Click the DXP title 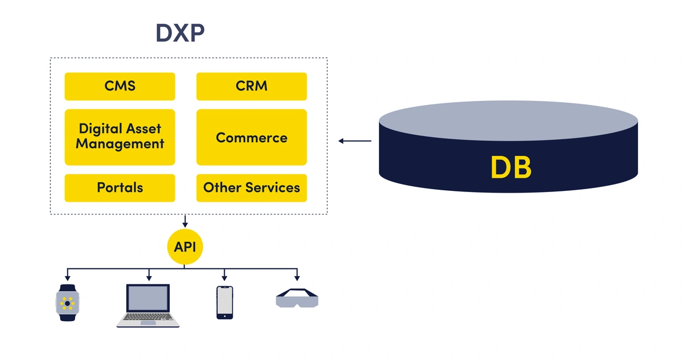180,33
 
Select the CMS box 120,87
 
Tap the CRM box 252,87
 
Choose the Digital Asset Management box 120,137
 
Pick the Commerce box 252,137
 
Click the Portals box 120,188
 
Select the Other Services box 252,188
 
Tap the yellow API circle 185,246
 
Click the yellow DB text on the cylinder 511,167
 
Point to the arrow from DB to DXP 355,141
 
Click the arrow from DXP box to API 185,221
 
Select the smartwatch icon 68,303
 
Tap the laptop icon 148,306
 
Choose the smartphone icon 225,303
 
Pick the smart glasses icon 297,298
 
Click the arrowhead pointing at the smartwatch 68,278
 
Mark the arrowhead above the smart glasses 297,278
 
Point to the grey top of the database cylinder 509,121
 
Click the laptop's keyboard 148,316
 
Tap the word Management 120,144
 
